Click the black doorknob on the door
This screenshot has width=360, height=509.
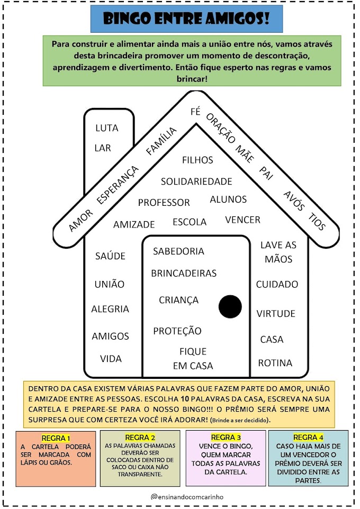pos(230,306)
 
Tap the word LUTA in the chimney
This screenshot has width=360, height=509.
pos(107,128)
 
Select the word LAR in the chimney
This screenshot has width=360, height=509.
pos(103,148)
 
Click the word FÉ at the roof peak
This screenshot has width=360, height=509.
pos(195,112)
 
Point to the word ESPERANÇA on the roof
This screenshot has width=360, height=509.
pos(118,185)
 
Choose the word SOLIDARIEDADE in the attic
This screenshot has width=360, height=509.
pos(196,181)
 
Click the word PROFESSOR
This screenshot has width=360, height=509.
pos(164,203)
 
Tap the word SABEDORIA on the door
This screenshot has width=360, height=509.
pos(178,251)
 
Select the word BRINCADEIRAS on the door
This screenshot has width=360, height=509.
pos(184,274)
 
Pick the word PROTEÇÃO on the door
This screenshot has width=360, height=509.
pos(177,331)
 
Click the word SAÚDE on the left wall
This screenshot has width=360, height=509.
pos(110,256)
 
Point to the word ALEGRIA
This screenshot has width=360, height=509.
pos(110,309)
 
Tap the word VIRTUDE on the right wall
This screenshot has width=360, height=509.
pos(276,314)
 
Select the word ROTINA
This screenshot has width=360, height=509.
pos(275,363)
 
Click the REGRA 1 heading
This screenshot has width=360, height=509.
pos(56,438)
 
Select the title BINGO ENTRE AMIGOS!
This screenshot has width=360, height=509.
pos(186,19)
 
